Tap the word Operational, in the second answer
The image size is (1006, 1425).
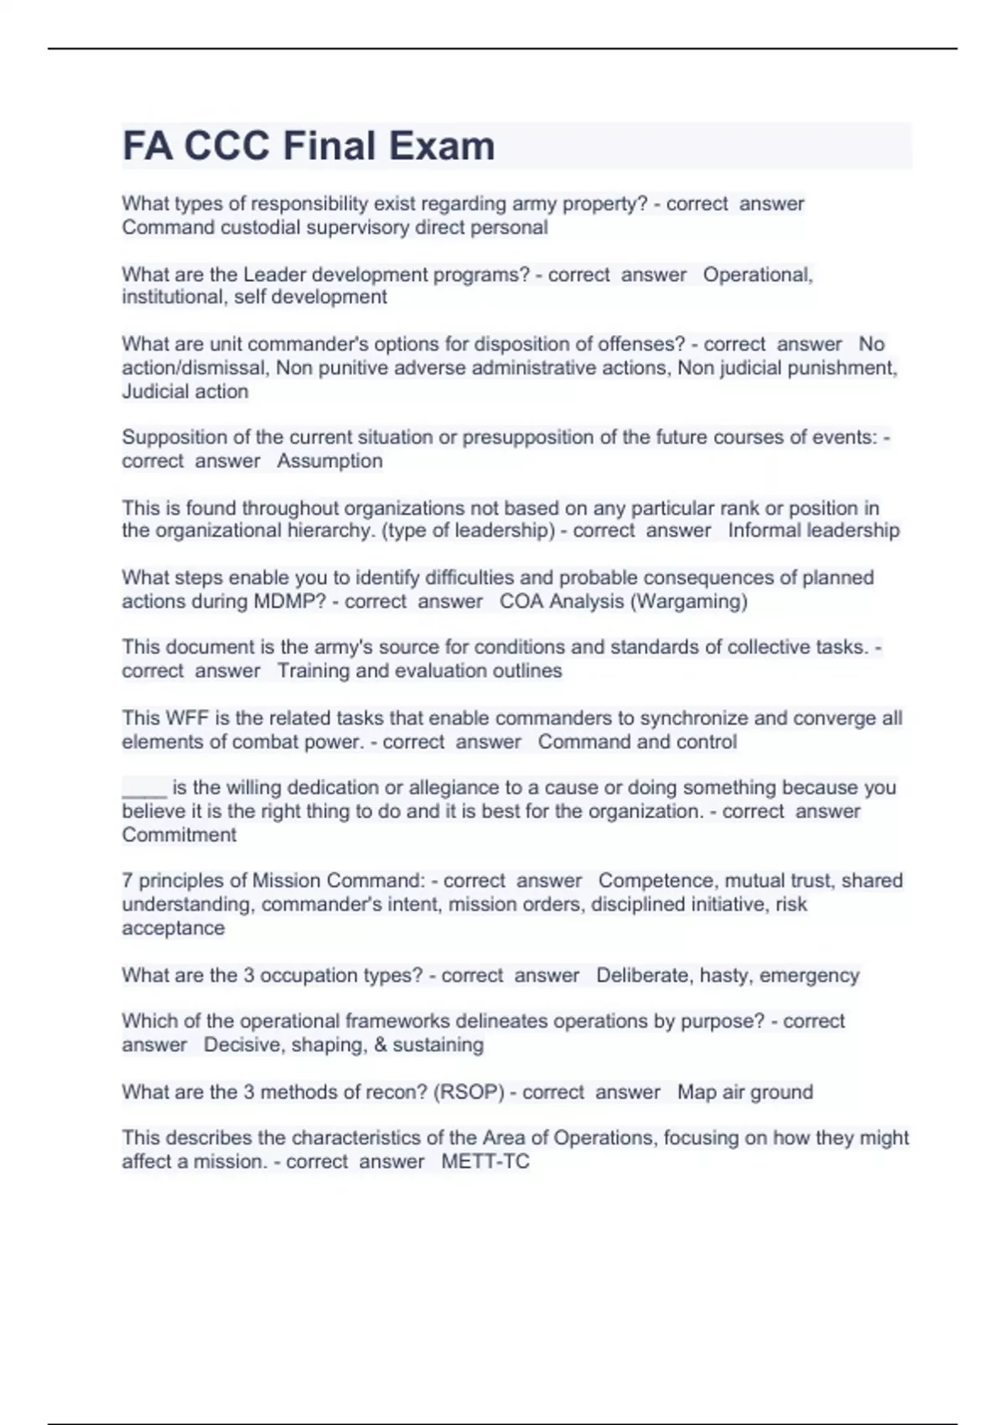(x=758, y=274)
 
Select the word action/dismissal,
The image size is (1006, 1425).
(x=196, y=368)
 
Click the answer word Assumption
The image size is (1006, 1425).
(x=329, y=461)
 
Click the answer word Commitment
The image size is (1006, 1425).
(x=179, y=835)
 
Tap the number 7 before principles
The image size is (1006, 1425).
(x=127, y=881)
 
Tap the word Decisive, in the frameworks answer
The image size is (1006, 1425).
(x=242, y=1045)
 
